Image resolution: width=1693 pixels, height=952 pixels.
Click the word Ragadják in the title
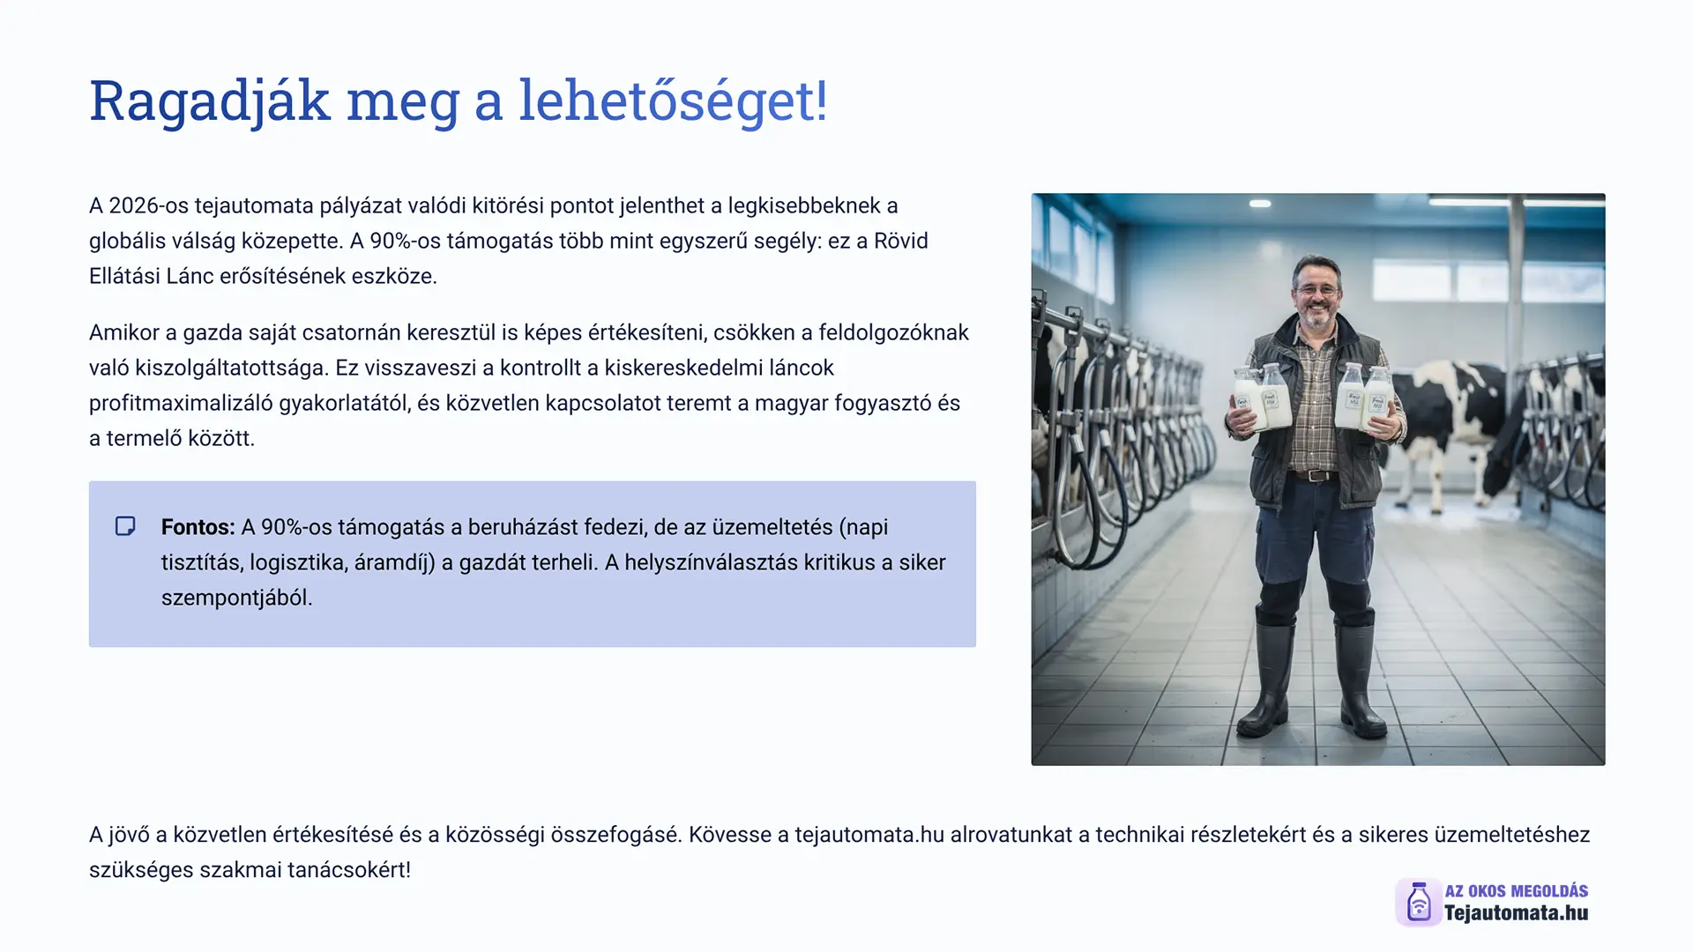click(210, 101)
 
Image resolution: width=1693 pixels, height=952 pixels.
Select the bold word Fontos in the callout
click(195, 527)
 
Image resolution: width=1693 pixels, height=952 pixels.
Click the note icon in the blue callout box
click(125, 526)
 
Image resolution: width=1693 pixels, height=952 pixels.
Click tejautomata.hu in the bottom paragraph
click(869, 835)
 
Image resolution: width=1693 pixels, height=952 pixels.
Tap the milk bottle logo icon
click(1418, 902)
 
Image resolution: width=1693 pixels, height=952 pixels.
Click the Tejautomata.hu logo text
click(1516, 913)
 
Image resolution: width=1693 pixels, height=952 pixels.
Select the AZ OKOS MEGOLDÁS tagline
click(1516, 891)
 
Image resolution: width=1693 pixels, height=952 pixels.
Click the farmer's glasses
click(1317, 289)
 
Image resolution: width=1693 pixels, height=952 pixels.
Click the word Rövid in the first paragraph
click(901, 241)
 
